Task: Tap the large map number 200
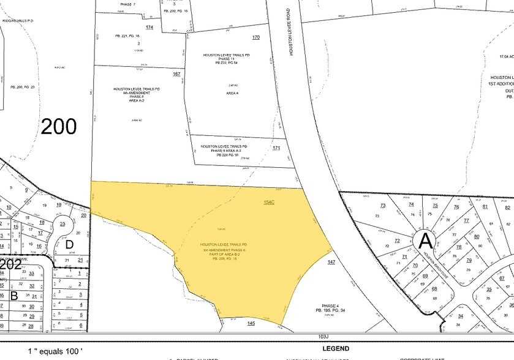59,127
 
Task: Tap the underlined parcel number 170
256,38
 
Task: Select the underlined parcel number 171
276,149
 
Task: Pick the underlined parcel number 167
176,74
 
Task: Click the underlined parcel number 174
149,28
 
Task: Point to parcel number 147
331,262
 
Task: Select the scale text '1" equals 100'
55,351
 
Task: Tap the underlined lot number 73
383,206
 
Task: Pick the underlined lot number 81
485,206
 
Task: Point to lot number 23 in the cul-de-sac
62,224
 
